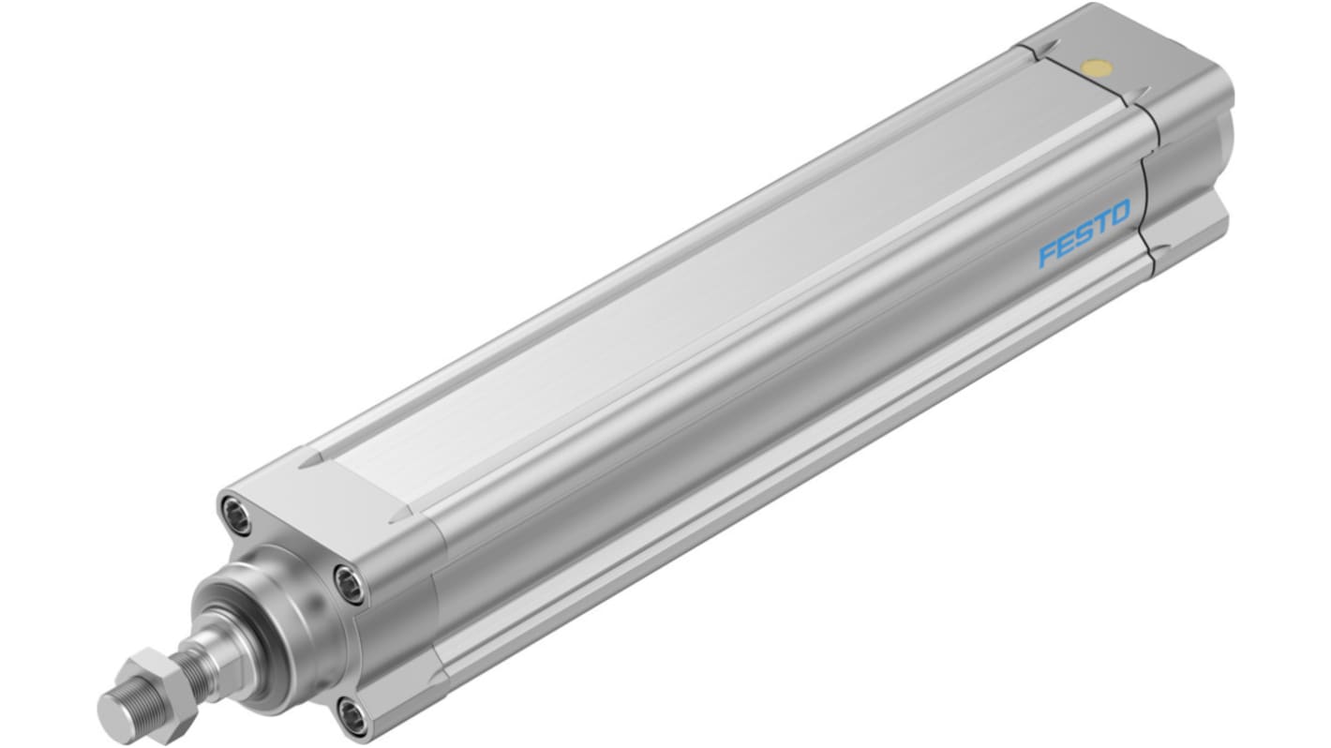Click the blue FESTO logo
[x=1084, y=232]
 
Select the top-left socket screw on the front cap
[x=236, y=514]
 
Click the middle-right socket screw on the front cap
[x=350, y=585]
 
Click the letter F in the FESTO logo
[x=1049, y=254]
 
